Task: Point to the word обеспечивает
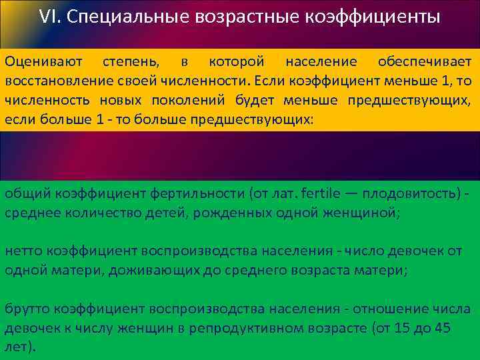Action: tap(424, 62)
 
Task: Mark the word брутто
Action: tap(27, 309)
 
